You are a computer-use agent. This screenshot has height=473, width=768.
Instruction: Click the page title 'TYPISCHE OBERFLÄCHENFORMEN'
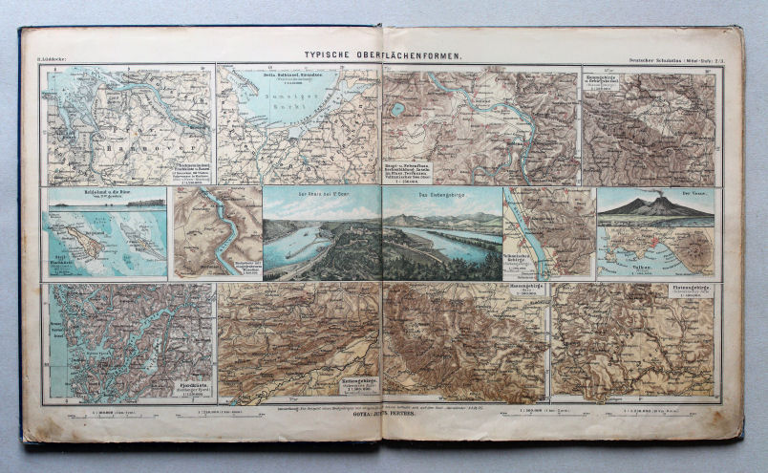tap(382, 56)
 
